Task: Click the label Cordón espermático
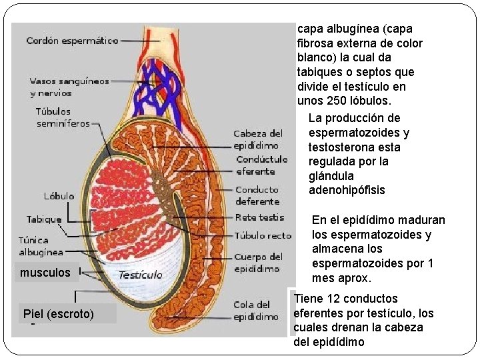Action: (72, 41)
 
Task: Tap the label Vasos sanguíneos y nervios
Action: (69, 87)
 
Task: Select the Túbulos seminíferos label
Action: (63, 117)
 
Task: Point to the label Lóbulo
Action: (59, 196)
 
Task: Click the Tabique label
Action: (43, 219)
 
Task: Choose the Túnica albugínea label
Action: (41, 246)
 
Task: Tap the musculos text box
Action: (45, 273)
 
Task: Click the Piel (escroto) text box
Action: (59, 313)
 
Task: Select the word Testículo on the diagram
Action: (140, 275)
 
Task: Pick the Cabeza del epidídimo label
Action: (257, 139)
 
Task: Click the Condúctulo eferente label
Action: (261, 165)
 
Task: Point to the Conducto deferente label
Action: (257, 195)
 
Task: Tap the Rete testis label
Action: (259, 217)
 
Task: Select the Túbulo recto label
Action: (263, 235)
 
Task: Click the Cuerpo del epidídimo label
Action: (258, 263)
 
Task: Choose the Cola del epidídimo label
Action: (256, 311)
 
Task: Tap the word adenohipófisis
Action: (347, 191)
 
